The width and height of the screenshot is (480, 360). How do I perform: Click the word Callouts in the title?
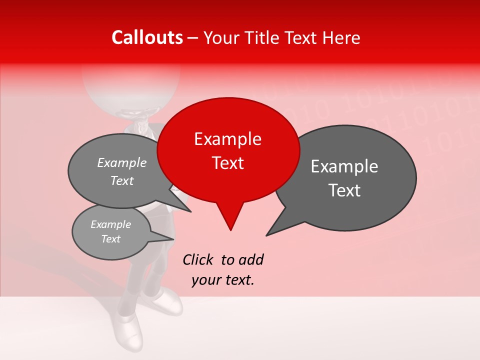point(147,37)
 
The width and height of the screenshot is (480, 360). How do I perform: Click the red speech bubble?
point(228,150)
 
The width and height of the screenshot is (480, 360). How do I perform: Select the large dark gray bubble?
point(350,177)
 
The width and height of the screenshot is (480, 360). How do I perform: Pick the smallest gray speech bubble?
point(111,232)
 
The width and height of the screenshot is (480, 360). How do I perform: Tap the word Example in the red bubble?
point(227,139)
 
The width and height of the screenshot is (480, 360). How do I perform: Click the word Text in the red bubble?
point(228,163)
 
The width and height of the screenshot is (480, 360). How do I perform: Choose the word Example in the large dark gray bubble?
point(344,166)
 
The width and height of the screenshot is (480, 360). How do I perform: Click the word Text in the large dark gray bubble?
point(345,190)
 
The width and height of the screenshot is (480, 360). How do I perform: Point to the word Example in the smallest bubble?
point(111,224)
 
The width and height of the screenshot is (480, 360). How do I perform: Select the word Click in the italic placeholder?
point(198,259)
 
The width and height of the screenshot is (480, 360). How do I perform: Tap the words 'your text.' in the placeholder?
point(222,280)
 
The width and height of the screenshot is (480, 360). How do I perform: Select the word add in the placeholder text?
point(251,259)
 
